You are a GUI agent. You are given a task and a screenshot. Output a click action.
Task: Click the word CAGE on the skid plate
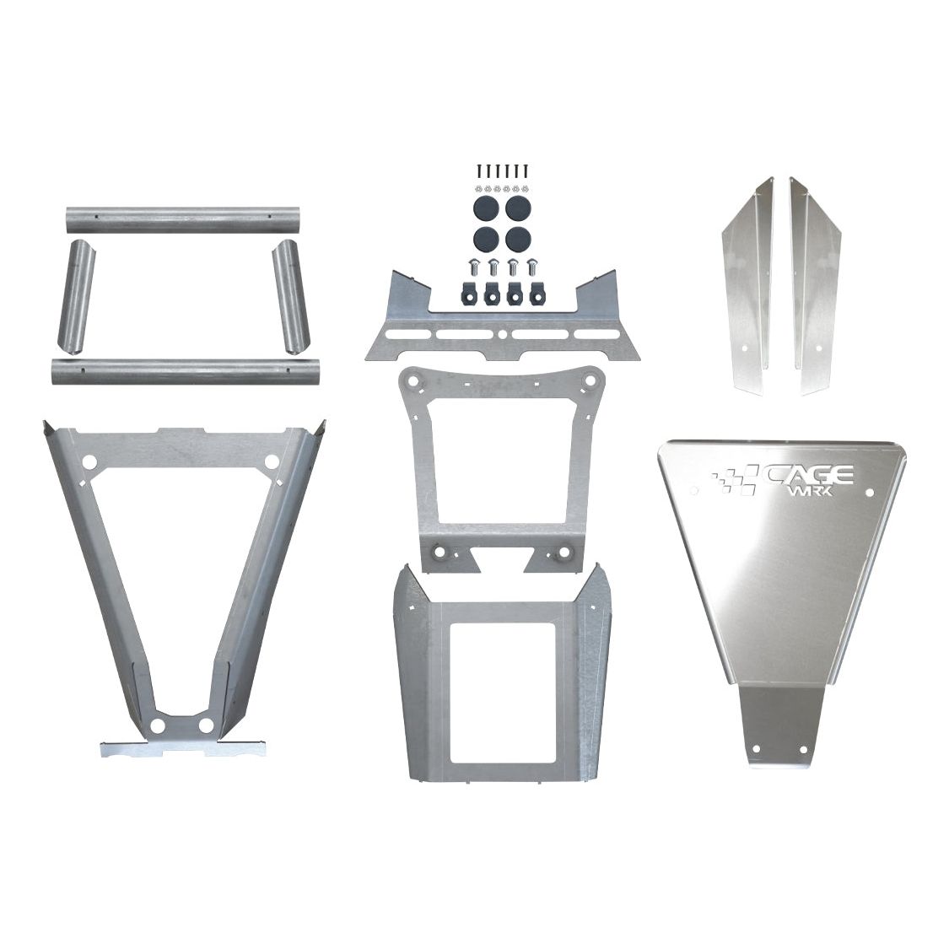[x=809, y=475]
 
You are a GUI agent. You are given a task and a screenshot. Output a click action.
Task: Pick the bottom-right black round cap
[x=516, y=237]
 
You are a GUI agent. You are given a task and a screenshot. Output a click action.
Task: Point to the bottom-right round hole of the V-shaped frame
[x=205, y=725]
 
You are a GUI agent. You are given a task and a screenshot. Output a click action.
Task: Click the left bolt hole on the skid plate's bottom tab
[x=758, y=748]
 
